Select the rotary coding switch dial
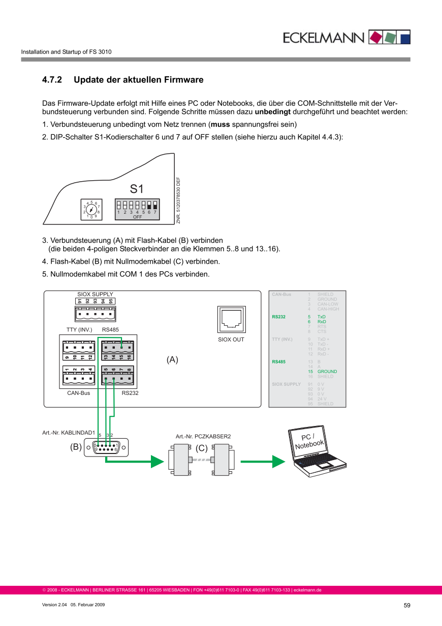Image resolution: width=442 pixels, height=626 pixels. [91, 209]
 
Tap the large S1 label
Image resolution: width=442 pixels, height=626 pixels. [137, 189]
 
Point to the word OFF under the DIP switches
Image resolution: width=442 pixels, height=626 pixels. [137, 217]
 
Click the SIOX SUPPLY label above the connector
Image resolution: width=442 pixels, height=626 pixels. [95, 294]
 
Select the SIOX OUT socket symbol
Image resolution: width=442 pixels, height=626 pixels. [231, 320]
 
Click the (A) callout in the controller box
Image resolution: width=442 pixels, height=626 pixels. [172, 360]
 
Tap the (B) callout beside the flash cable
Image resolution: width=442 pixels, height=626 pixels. [76, 447]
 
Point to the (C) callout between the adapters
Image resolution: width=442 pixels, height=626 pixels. [202, 448]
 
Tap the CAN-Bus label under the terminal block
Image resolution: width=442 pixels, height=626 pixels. [78, 393]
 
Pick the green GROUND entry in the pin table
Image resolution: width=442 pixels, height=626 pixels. [327, 372]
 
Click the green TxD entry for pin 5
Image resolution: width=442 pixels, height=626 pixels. [322, 317]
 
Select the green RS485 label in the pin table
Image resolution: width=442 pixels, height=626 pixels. [278, 362]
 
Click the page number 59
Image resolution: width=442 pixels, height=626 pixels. [406, 605]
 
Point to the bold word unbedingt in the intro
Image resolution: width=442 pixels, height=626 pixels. [272, 111]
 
